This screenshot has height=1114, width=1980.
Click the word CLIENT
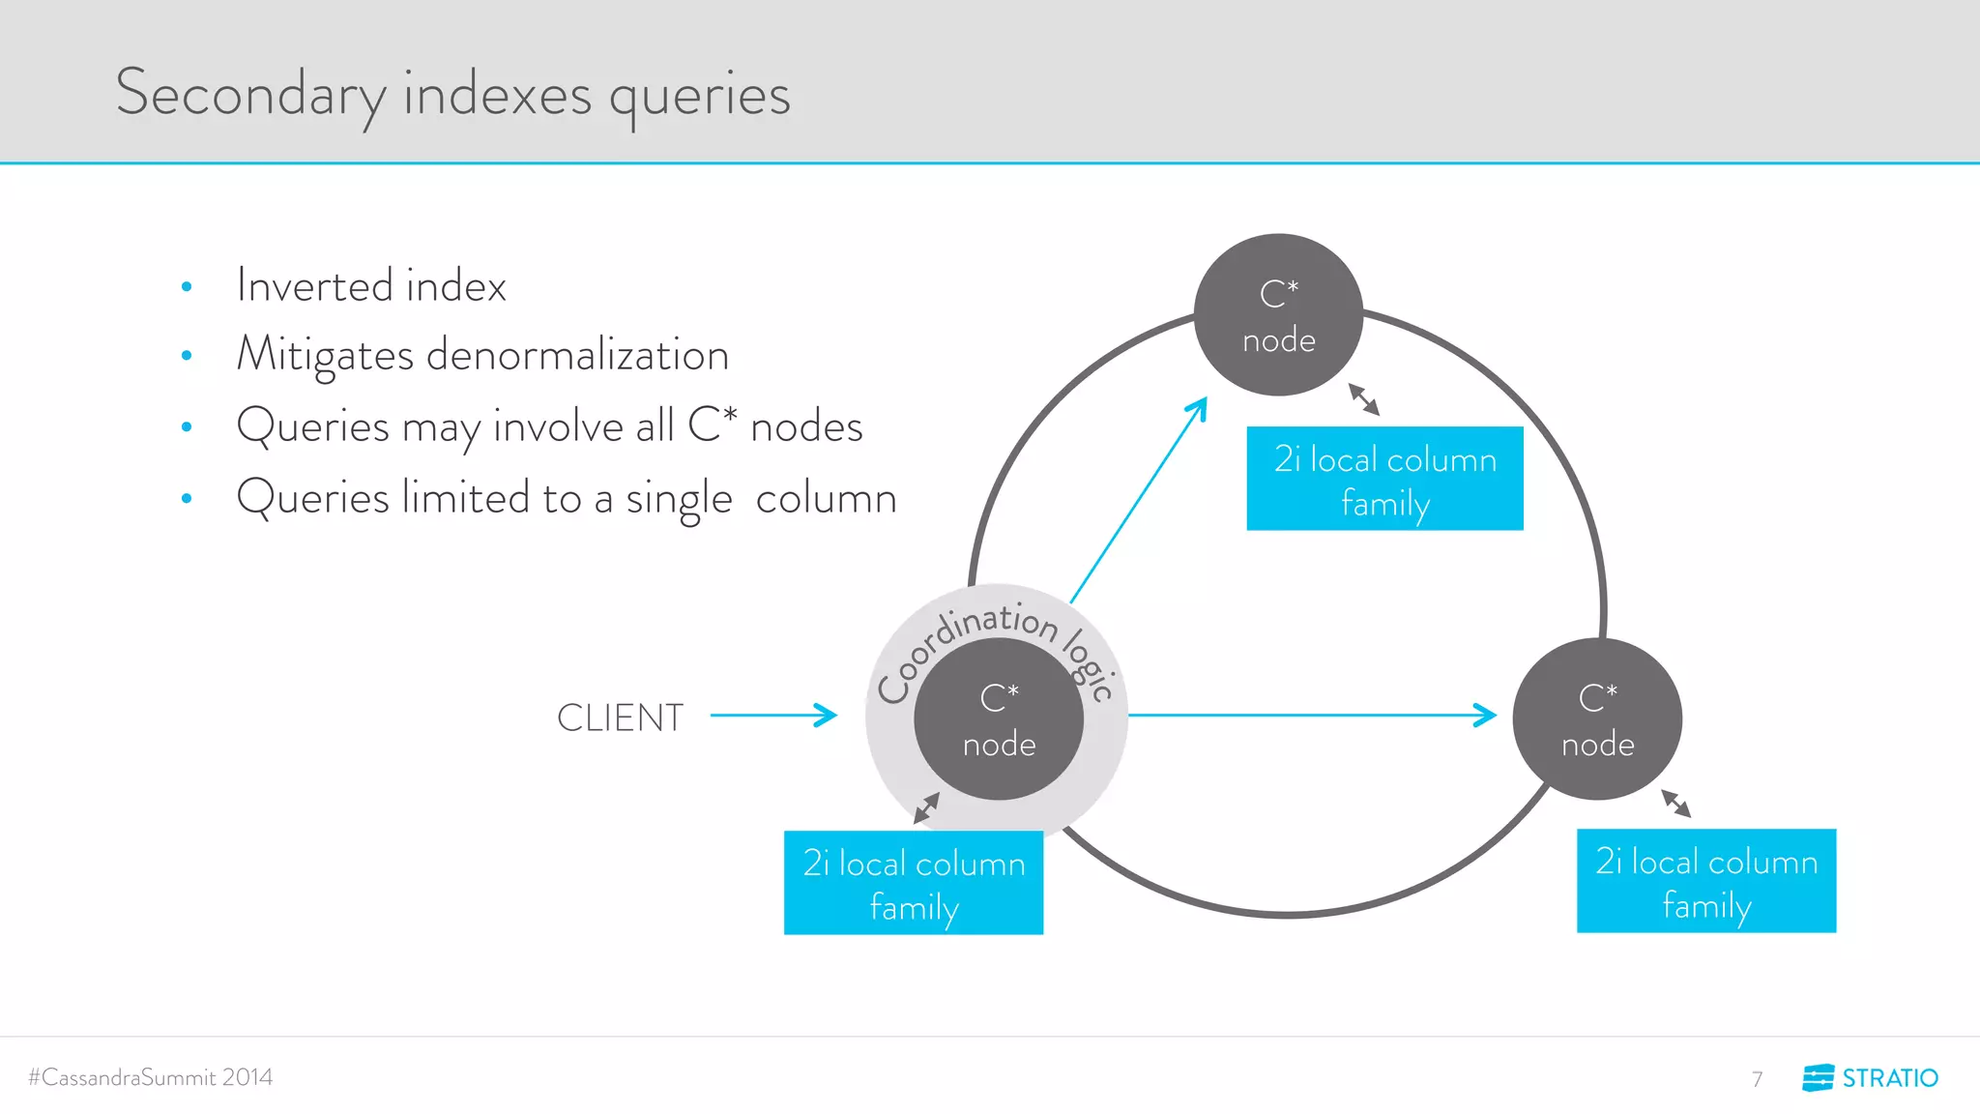pos(620,718)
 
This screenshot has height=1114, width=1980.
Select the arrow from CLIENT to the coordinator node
pos(772,716)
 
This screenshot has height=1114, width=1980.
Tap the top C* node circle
pos(1278,315)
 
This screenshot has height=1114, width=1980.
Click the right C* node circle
pos(1597,719)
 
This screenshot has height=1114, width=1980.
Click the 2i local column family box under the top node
pos(1384,479)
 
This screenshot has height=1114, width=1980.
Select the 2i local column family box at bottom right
pos(1706,881)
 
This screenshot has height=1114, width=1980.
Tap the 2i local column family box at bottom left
pos(914,883)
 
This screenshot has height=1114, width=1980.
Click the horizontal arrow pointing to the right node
pos(1311,716)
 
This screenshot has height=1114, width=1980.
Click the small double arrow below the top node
pos(1364,399)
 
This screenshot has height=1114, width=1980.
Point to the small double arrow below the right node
pos(1676,804)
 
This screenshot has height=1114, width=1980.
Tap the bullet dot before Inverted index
pos(187,287)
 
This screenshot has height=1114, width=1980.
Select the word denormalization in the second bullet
pos(577,355)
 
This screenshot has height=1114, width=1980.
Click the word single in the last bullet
pos(679,499)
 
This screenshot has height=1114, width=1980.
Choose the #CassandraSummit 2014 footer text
pos(151,1077)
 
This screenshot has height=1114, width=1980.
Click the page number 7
pos(1757,1078)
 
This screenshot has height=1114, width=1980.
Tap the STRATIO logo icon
pos(1818,1077)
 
